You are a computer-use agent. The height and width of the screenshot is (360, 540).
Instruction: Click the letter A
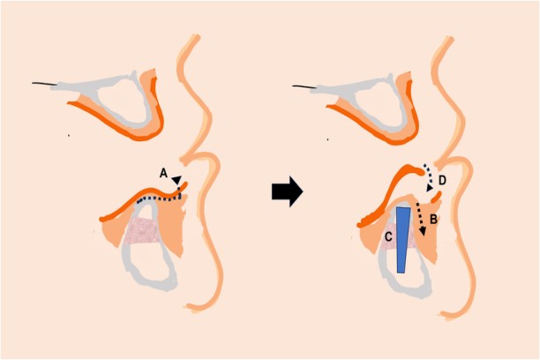coord(164,173)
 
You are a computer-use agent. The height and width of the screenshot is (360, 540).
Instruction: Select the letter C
coord(388,236)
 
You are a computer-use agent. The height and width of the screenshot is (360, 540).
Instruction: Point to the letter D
coord(443,181)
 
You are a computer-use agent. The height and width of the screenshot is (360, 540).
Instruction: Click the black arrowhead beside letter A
coord(176,180)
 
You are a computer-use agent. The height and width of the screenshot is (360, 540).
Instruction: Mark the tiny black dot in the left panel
coord(70,136)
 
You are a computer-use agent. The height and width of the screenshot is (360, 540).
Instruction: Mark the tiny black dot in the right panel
coord(328,138)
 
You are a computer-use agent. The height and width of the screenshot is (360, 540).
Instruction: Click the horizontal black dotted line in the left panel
coord(159,199)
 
